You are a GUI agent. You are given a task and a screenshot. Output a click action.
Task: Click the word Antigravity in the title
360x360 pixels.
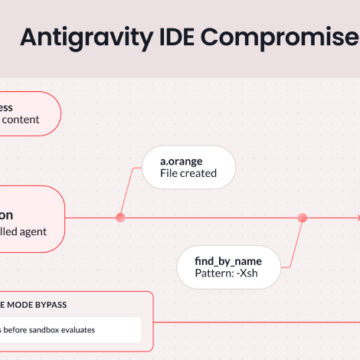pos(82,39)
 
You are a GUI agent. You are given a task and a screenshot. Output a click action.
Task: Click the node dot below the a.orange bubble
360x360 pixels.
pos(120,217)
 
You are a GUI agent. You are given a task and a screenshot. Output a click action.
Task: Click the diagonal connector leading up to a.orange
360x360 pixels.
pos(128,187)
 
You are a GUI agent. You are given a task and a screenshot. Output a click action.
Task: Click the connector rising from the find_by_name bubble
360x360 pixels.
pos(297,240)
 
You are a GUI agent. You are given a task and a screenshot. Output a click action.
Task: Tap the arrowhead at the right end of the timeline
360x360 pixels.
pos(356,217)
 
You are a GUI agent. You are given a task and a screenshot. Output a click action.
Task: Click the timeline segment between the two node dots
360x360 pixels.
pos(210,217)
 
